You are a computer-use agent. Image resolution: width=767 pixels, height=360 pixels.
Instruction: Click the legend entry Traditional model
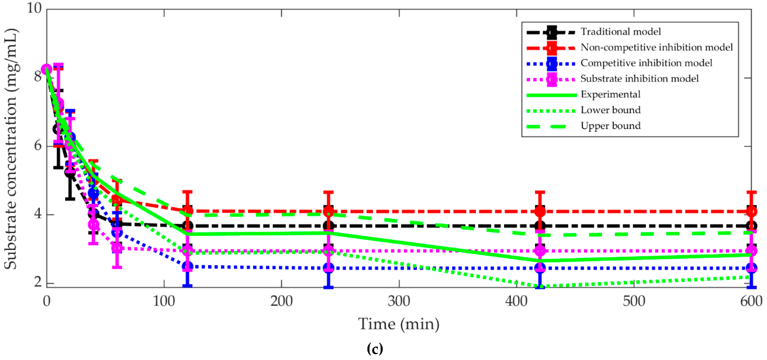[x=621, y=32]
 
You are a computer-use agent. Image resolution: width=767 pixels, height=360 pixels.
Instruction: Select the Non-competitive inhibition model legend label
[x=656, y=47]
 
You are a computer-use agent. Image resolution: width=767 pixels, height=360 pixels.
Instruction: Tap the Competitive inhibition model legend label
[x=646, y=63]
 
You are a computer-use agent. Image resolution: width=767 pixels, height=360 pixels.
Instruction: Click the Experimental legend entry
[x=610, y=94]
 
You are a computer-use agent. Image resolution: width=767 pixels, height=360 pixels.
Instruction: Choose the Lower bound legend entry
[x=610, y=110]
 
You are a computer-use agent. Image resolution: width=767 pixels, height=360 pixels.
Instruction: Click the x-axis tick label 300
[x=399, y=301]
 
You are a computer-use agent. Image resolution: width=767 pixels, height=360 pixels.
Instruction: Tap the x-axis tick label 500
[x=634, y=301]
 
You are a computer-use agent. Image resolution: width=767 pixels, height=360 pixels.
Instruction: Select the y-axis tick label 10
[x=34, y=8]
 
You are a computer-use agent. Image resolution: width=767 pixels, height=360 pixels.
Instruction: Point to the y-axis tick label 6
[x=38, y=146]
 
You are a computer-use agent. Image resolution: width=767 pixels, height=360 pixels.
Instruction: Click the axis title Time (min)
[x=399, y=324]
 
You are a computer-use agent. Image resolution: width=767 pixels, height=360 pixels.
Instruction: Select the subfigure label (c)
[x=375, y=348]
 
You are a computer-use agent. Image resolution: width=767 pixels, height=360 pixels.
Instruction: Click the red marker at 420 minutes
[x=540, y=211]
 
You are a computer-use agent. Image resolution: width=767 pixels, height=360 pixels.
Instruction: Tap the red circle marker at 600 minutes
[x=751, y=211]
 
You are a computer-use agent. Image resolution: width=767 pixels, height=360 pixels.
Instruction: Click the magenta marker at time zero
[x=47, y=69]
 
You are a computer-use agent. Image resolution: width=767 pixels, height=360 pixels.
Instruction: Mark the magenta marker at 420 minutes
[x=540, y=251]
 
